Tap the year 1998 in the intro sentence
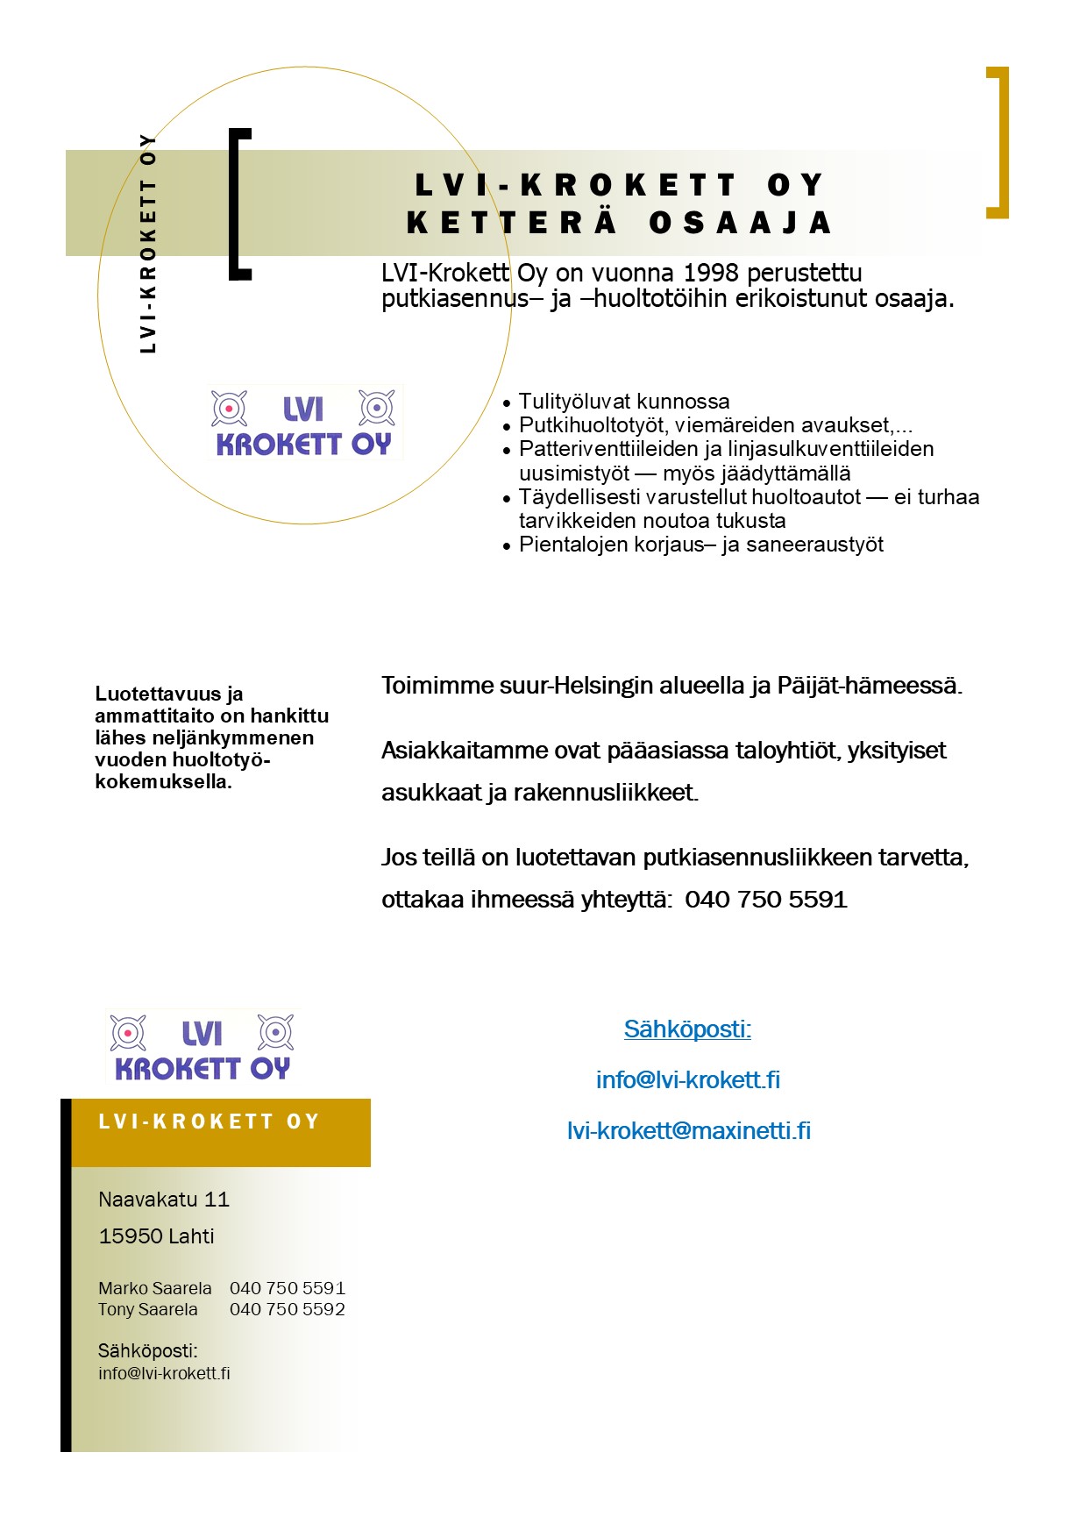(x=710, y=273)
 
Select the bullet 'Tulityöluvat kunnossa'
(x=624, y=402)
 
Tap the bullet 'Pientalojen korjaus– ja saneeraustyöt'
(x=701, y=545)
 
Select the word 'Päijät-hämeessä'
(x=869, y=686)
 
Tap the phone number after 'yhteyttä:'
(x=766, y=900)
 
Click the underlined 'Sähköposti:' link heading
(x=687, y=1029)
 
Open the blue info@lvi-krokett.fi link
(x=687, y=1079)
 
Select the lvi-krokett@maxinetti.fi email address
(x=688, y=1130)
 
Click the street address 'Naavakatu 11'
(x=164, y=1199)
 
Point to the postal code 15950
(x=130, y=1236)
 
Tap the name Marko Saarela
(x=155, y=1288)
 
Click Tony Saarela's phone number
(x=288, y=1309)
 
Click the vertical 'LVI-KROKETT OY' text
(x=148, y=244)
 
